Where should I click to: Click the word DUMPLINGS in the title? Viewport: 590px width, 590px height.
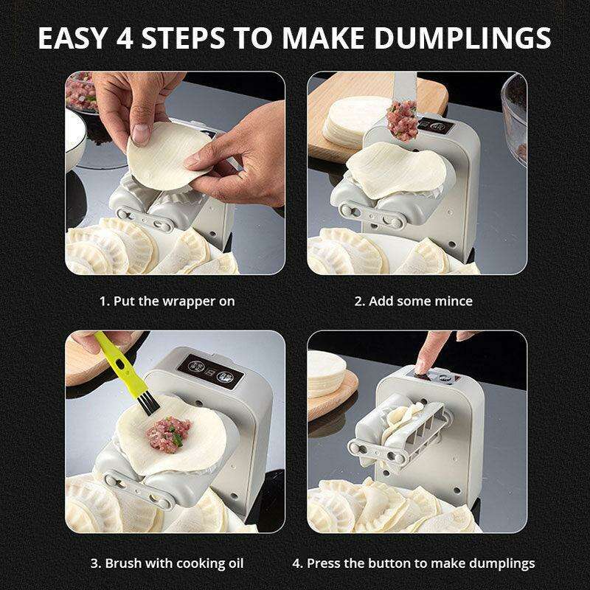click(462, 38)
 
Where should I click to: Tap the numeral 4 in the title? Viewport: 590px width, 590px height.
click(125, 38)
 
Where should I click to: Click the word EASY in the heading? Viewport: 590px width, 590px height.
click(72, 38)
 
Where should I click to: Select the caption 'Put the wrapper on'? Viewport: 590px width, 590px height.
click(174, 302)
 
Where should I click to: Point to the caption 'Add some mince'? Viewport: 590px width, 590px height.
click(420, 301)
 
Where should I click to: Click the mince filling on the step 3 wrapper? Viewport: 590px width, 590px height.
click(169, 434)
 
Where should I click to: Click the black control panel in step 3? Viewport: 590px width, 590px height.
click(210, 371)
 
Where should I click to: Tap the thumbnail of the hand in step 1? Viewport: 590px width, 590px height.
click(141, 133)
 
